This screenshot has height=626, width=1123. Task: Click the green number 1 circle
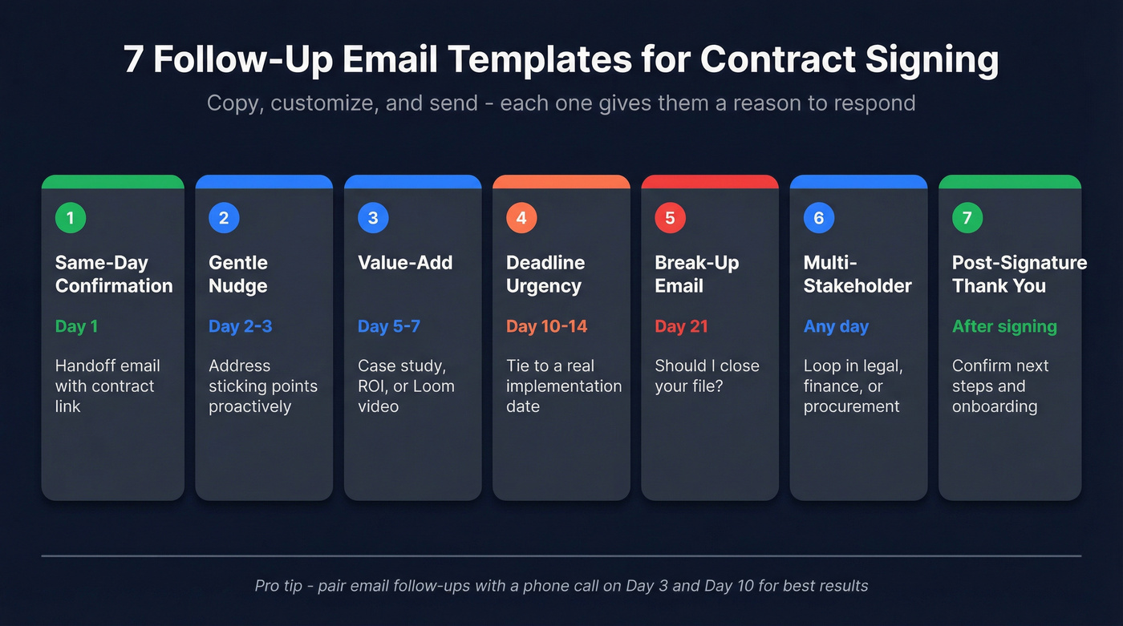tap(71, 218)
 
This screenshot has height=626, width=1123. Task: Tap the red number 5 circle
tap(670, 218)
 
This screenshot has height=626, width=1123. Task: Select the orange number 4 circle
tap(521, 218)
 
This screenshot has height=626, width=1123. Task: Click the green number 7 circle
tap(967, 218)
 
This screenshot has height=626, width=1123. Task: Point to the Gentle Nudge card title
tap(238, 274)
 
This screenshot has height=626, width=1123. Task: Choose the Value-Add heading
tap(405, 263)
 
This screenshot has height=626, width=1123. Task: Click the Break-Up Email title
tap(696, 274)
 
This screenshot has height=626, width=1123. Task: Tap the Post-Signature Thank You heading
tap(1019, 274)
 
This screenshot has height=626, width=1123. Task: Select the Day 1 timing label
tap(76, 326)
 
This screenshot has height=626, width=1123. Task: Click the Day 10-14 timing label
tap(546, 326)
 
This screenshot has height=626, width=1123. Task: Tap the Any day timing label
tap(836, 326)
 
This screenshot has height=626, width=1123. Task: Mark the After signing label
tap(1004, 326)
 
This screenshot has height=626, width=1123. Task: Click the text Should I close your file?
tap(707, 376)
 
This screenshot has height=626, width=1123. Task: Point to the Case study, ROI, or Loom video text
tap(406, 386)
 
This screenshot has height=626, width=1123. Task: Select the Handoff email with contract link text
tap(107, 386)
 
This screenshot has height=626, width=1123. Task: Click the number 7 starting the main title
tap(134, 60)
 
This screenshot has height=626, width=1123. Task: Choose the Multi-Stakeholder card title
tap(857, 274)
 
